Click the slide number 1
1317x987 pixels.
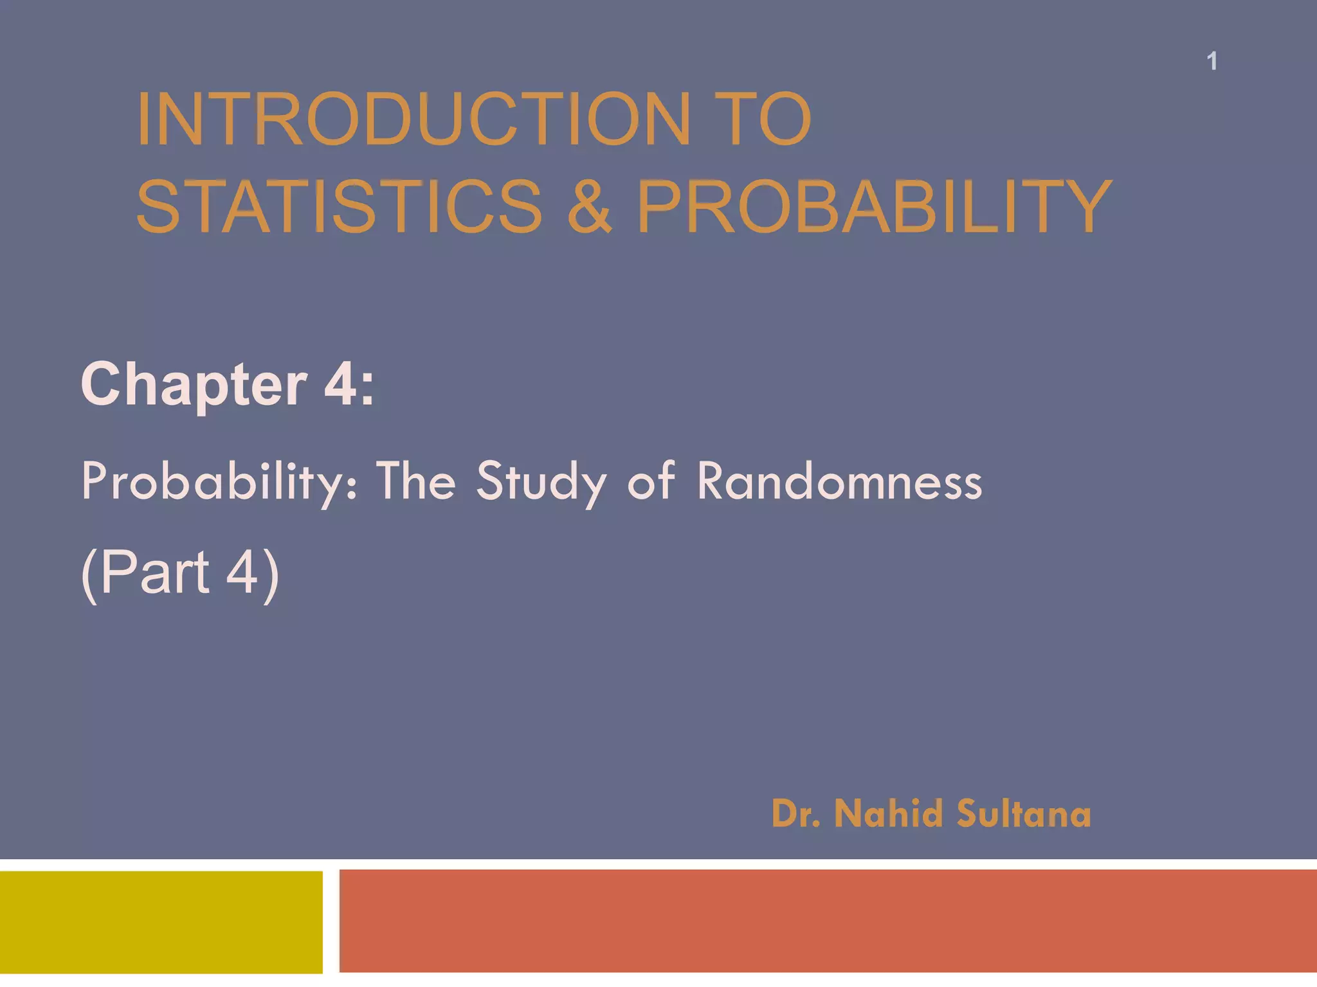[1212, 62]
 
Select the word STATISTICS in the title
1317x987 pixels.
[340, 207]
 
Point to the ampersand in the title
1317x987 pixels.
[589, 207]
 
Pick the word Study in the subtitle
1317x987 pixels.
[541, 482]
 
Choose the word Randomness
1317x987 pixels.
[840, 482]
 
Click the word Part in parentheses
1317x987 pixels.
[154, 572]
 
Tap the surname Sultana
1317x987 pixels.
[1024, 814]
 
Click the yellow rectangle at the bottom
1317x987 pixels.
[161, 921]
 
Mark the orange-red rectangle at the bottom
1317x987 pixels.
[828, 921]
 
